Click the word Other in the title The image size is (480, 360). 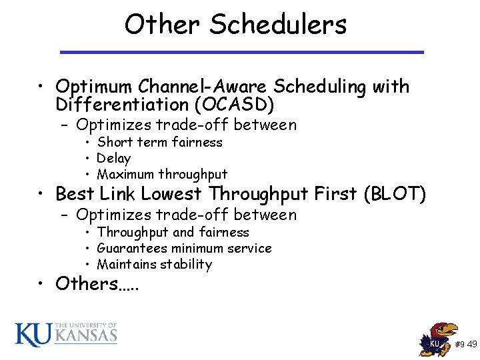[x=162, y=25]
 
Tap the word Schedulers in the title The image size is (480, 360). [x=278, y=25]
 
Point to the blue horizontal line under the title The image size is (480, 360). [x=242, y=51]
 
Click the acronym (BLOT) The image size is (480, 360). [x=393, y=194]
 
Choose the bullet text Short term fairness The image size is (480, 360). [x=159, y=142]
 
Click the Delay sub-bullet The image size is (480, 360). [x=113, y=158]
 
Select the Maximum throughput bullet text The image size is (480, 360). [x=162, y=175]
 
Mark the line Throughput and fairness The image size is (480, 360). [x=173, y=232]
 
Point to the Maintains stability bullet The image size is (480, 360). [x=154, y=264]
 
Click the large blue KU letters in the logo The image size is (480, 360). [x=33, y=335]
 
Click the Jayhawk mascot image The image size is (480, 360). [x=437, y=339]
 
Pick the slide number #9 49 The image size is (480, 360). [x=465, y=345]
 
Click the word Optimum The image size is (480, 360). [x=95, y=87]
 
